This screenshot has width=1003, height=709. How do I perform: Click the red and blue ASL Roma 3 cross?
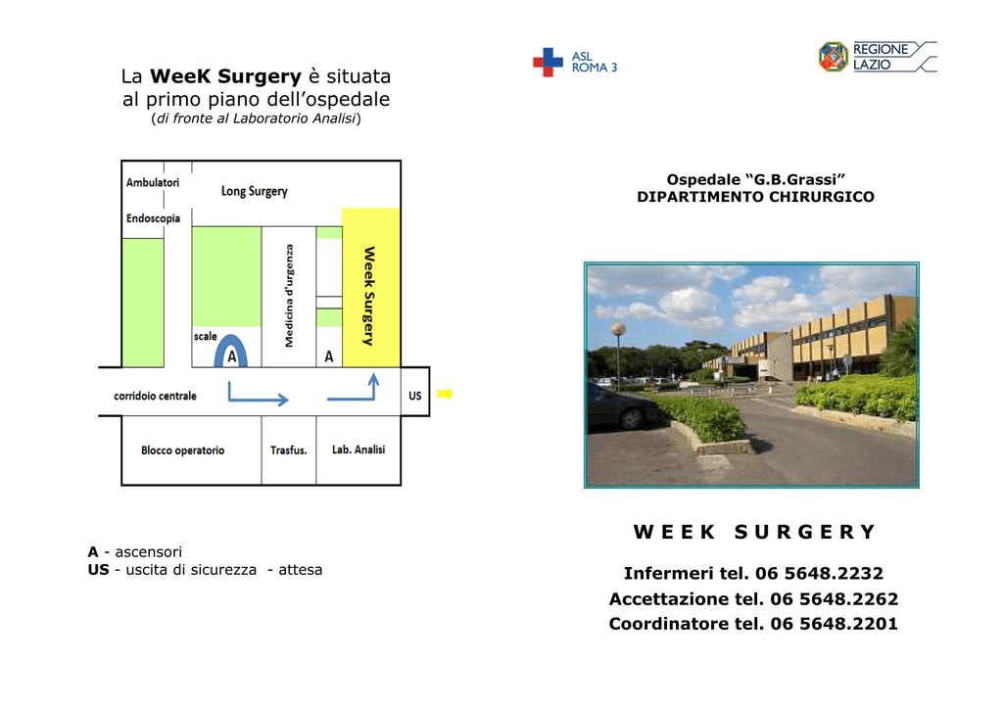point(548,63)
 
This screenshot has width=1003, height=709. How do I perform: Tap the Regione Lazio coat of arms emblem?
point(834,57)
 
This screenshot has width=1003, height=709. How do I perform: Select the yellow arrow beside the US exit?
point(445,394)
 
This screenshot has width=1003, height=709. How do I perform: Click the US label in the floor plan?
point(415,396)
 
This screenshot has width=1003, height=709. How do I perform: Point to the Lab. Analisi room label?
point(358,449)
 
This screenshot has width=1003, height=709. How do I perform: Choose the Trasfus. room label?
point(289,450)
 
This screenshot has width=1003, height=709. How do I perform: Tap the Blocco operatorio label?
point(183,450)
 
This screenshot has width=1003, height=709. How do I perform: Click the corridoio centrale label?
point(155,396)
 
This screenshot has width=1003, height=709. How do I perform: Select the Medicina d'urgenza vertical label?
point(289,296)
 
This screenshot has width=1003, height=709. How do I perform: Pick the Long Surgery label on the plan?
point(254,191)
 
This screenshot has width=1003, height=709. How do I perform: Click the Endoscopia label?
point(153,218)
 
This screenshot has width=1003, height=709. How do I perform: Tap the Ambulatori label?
point(152,182)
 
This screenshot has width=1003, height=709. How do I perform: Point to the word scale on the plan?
point(206,336)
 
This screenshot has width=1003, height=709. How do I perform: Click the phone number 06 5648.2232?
point(819,573)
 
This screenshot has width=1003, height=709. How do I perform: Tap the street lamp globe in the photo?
point(618,329)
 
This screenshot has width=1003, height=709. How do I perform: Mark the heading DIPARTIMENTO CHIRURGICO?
point(755,197)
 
